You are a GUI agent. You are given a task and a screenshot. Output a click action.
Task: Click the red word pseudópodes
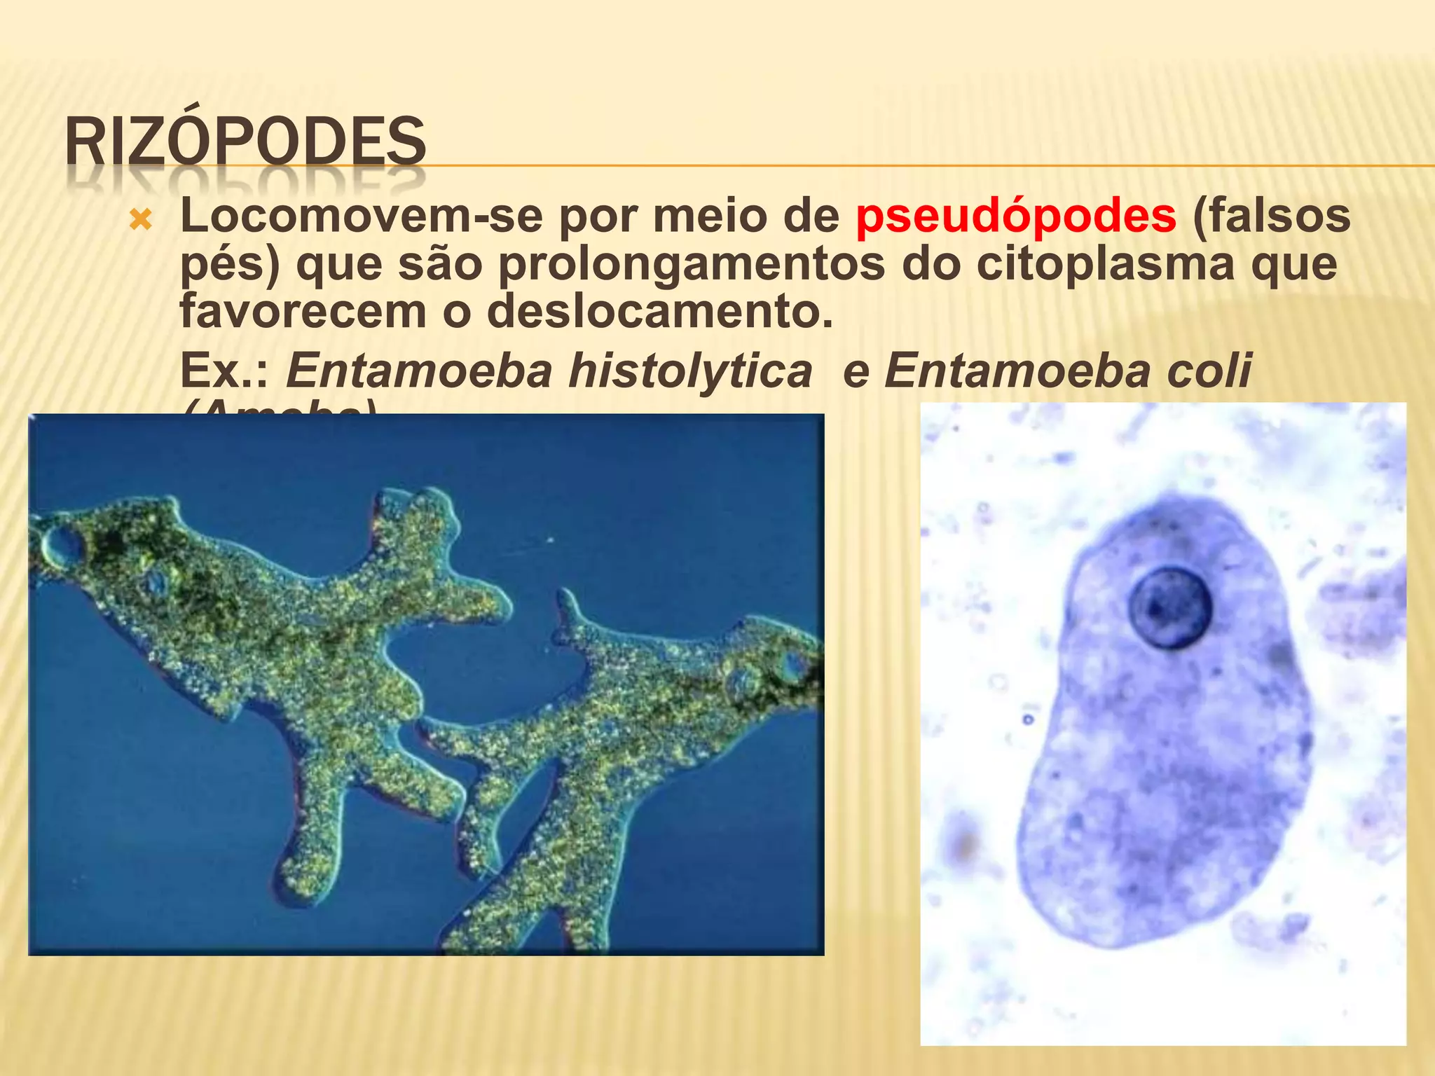[x=1015, y=216]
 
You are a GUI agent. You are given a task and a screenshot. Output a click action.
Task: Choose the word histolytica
[x=690, y=371]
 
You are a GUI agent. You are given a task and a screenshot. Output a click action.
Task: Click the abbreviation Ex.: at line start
[x=224, y=371]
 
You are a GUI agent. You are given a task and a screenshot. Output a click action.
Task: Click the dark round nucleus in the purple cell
[x=1169, y=607]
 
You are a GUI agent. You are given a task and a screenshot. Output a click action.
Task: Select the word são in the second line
[x=441, y=264]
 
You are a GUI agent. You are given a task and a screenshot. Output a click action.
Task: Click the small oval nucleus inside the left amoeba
[x=154, y=581]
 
